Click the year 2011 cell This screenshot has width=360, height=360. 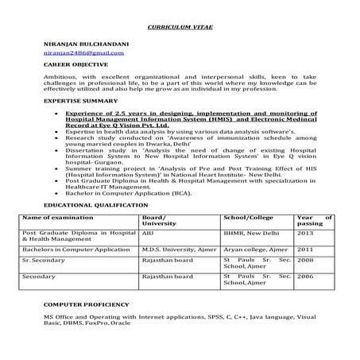point(305,249)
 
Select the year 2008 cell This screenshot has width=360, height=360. point(305,260)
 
